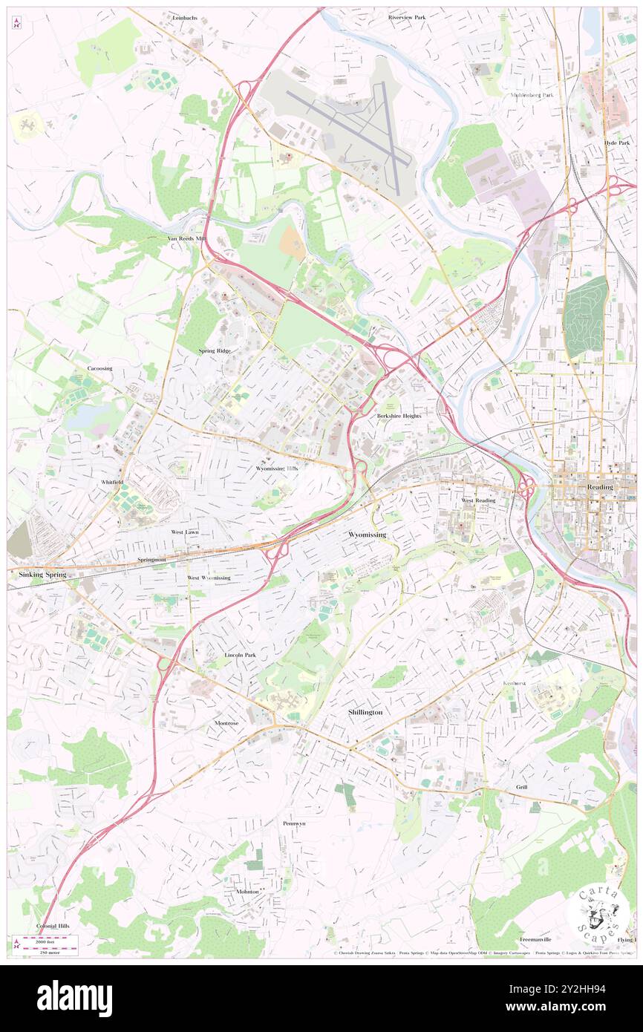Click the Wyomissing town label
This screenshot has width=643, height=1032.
[x=368, y=535]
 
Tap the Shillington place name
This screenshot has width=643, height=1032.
[x=365, y=712]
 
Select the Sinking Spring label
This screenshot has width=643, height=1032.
[x=38, y=575]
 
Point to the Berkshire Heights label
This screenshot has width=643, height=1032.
[x=399, y=416]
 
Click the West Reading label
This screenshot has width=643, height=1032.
[x=478, y=500]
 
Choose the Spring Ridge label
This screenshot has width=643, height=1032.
[x=215, y=350]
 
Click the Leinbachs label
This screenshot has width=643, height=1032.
[x=185, y=17]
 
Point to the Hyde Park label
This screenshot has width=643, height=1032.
[x=616, y=143]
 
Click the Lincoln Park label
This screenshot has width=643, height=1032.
[x=240, y=656]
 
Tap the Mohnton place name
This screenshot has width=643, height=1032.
[x=248, y=892]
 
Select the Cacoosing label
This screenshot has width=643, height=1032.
[x=100, y=368]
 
